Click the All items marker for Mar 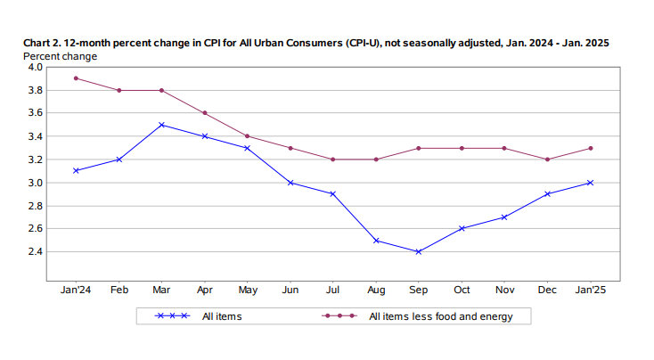pyautogui.click(x=161, y=125)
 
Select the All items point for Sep pyautogui.click(x=419, y=251)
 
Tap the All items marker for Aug pyautogui.click(x=376, y=241)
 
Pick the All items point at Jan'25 pyautogui.click(x=590, y=183)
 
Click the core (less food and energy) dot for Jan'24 pyautogui.click(x=76, y=78)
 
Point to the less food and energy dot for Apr pyautogui.click(x=204, y=113)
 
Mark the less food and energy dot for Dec pyautogui.click(x=547, y=160)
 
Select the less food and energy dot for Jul pyautogui.click(x=332, y=160)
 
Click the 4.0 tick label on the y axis pyautogui.click(x=33, y=67)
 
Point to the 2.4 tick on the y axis pyautogui.click(x=33, y=251)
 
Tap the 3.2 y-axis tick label pyautogui.click(x=33, y=160)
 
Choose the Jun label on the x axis pyautogui.click(x=290, y=290)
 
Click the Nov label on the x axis pyautogui.click(x=504, y=290)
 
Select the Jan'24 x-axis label pyautogui.click(x=76, y=290)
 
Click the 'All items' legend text pyautogui.click(x=222, y=316)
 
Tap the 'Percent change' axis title pyautogui.click(x=60, y=55)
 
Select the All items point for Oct pyautogui.click(x=462, y=228)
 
